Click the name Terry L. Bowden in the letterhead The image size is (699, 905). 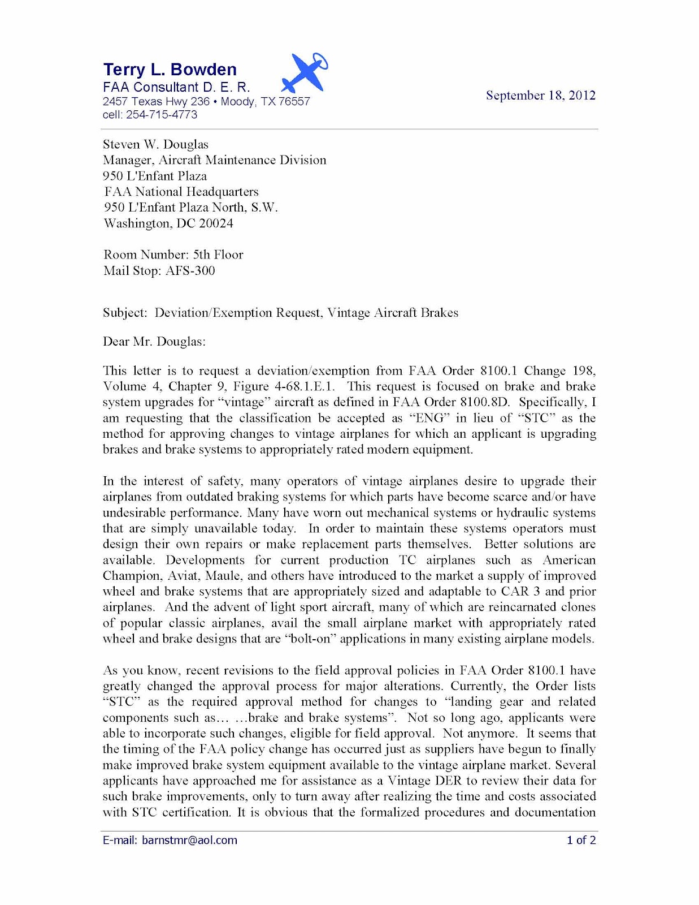point(170,70)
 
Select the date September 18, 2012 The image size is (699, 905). point(540,95)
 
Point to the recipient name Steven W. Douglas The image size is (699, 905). point(155,145)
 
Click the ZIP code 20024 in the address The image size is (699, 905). point(216,223)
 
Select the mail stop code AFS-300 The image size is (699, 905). point(190,271)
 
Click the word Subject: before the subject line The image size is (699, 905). point(125,313)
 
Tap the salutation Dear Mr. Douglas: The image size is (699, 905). point(154,342)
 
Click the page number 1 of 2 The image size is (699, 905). point(581,840)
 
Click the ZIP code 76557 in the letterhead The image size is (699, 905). point(294,102)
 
